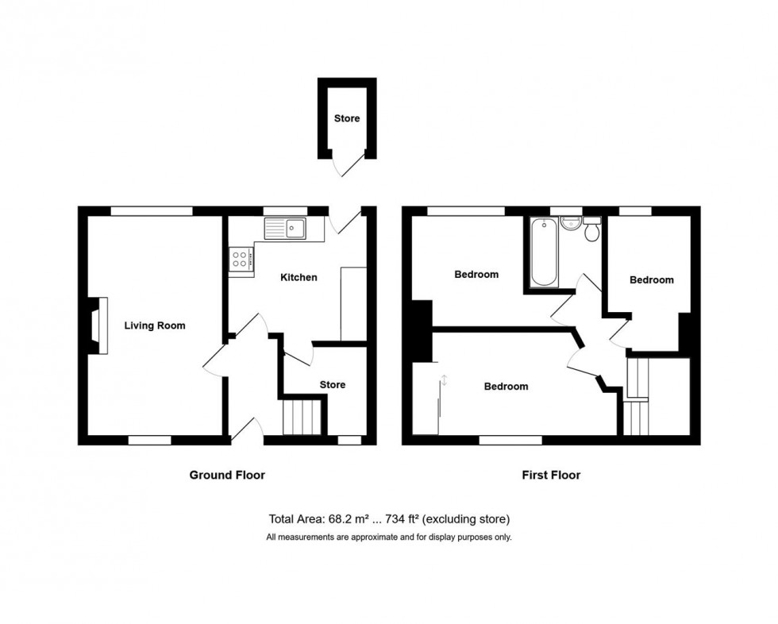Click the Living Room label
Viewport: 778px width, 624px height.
[155, 325]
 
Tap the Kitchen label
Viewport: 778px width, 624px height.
[298, 278]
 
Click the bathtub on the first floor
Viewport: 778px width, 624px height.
[544, 252]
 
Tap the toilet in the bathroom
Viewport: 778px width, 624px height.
[591, 230]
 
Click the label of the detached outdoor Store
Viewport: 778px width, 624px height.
[346, 119]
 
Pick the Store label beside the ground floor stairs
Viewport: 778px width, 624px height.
[332, 385]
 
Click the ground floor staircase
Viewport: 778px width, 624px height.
[302, 417]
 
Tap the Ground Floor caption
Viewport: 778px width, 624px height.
[226, 476]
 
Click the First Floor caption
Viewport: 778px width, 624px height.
[550, 476]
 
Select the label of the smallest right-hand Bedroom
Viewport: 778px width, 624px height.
[651, 280]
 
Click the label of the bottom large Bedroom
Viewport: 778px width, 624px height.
[506, 387]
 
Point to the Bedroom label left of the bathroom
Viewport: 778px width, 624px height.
[476, 275]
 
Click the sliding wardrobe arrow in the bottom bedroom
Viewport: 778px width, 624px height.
[444, 380]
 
